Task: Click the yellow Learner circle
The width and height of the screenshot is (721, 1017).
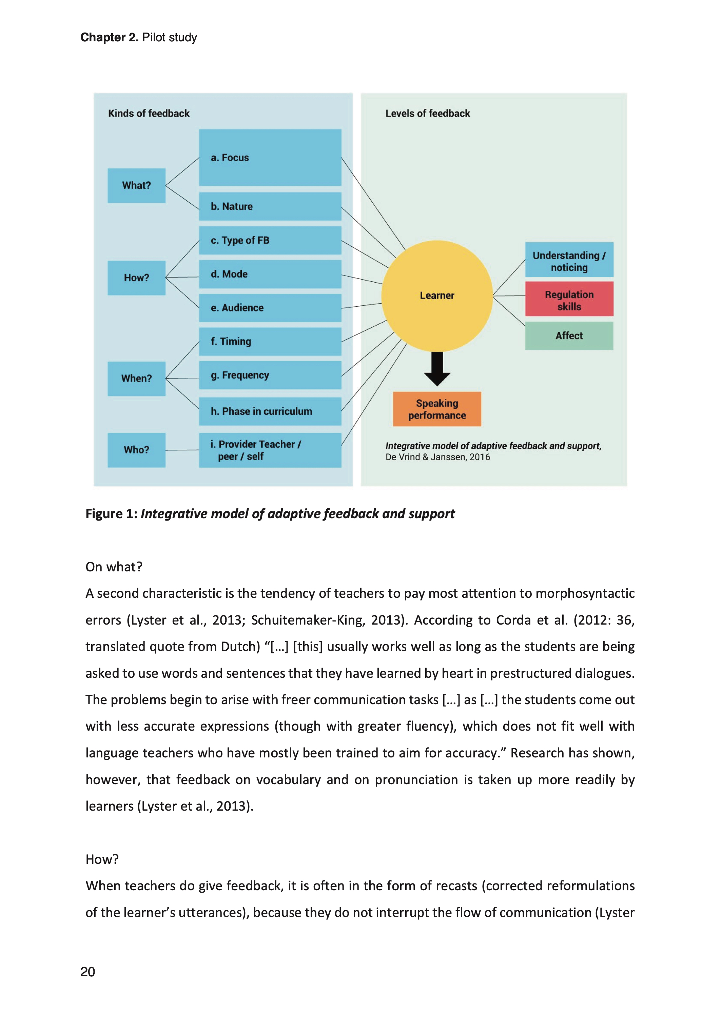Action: pyautogui.click(x=437, y=296)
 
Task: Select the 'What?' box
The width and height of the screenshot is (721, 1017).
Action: pyautogui.click(x=136, y=185)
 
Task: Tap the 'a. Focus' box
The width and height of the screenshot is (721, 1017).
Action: pyautogui.click(x=270, y=158)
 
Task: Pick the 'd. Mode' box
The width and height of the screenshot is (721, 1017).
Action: pyautogui.click(x=270, y=274)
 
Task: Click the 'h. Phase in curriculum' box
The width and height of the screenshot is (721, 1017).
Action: pyautogui.click(x=270, y=411)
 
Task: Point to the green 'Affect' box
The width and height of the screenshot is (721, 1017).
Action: pyautogui.click(x=569, y=336)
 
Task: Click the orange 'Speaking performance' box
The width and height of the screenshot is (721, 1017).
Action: pyautogui.click(x=437, y=409)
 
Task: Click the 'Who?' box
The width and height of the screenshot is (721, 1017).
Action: pyautogui.click(x=136, y=450)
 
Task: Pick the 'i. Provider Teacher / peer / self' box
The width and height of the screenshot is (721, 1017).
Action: pyautogui.click(x=270, y=450)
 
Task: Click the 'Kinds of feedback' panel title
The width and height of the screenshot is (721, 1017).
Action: pyautogui.click(x=149, y=114)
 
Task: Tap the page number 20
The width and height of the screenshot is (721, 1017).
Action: pyautogui.click(x=87, y=972)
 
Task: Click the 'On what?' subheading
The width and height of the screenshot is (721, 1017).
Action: pyautogui.click(x=114, y=567)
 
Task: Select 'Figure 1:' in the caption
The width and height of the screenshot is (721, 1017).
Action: pyautogui.click(x=112, y=514)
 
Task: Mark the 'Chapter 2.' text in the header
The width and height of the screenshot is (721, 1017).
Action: pyautogui.click(x=109, y=37)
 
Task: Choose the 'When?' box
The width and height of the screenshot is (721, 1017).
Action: pyautogui.click(x=136, y=378)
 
